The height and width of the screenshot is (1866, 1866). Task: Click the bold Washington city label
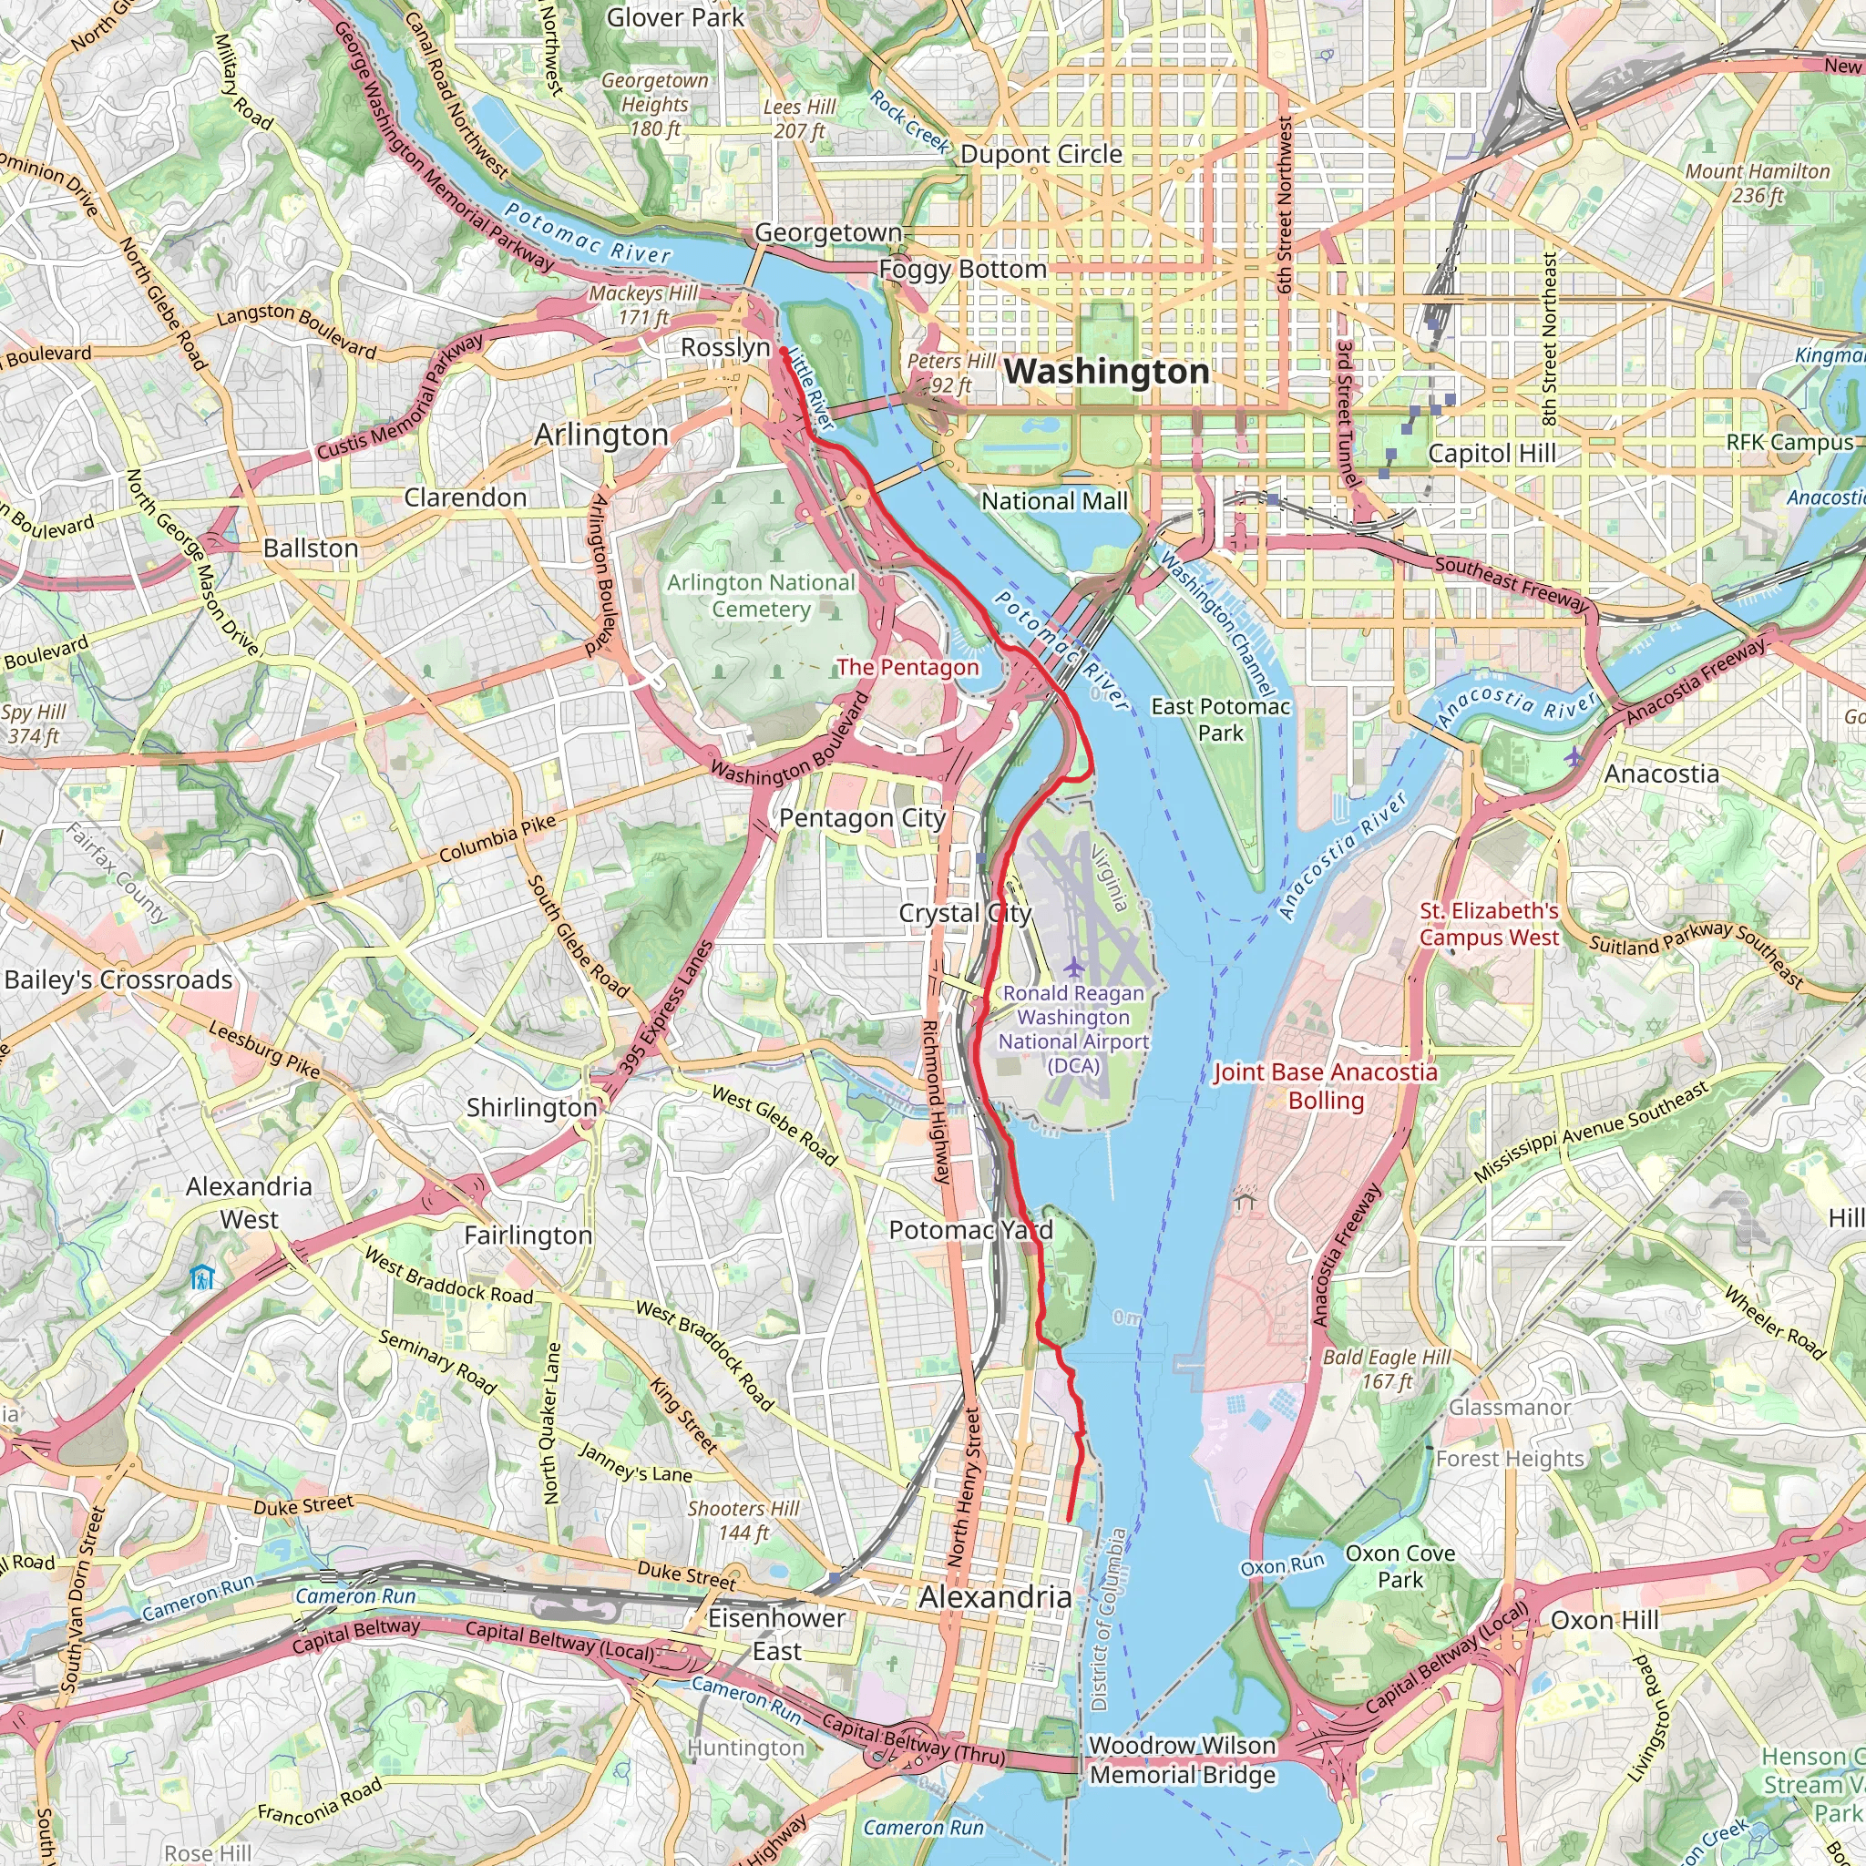pos(1106,372)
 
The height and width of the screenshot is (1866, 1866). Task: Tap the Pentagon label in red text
pos(907,667)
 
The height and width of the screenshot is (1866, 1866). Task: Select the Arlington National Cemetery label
pos(761,596)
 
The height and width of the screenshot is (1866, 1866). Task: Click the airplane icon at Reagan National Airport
pos(1073,967)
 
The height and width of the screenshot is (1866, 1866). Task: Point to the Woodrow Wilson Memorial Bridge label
pos(1182,1759)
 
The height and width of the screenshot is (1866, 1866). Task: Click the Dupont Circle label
pos(1041,155)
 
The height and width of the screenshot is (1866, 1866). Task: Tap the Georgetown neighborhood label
pos(827,232)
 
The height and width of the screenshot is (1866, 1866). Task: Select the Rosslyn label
pos(725,348)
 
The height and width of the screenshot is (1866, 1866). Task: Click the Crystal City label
pos(965,913)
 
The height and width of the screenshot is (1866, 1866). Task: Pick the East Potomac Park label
pos(1220,720)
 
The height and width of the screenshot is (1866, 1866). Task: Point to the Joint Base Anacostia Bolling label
pos(1325,1085)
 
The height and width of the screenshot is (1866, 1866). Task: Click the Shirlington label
pos(532,1108)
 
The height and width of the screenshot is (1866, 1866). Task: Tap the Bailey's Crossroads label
pos(118,979)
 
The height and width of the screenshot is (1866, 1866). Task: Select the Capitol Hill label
pos(1492,454)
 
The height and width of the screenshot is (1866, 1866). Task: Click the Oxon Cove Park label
pos(1399,1565)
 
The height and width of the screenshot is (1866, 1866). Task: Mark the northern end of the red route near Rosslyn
pos(782,352)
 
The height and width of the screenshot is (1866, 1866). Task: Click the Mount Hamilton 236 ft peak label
pos(1757,182)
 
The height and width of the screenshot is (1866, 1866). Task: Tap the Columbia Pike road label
pos(497,838)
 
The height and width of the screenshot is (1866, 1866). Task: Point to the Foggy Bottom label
pos(962,270)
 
